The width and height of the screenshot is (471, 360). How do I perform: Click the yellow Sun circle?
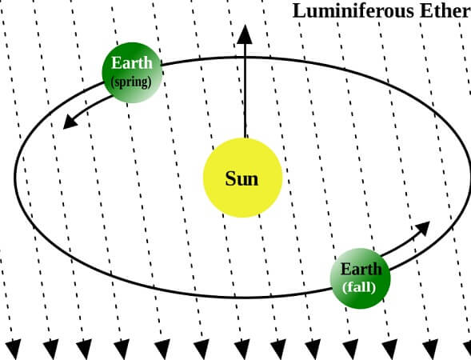[243, 178]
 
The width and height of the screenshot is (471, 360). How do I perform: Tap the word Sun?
[241, 178]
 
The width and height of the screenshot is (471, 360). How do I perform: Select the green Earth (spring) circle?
[132, 73]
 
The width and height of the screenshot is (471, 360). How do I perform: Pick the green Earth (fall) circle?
[360, 278]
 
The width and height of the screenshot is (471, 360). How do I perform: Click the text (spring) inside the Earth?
[131, 82]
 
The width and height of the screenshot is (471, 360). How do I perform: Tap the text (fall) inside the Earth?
[359, 287]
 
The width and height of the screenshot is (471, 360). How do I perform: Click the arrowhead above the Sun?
[245, 34]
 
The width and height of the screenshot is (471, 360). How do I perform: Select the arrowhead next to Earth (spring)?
[70, 122]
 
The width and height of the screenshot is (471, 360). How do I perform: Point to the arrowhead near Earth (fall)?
[422, 228]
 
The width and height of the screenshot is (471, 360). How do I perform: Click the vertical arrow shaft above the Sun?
[245, 91]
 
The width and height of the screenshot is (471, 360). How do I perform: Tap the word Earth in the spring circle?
[132, 63]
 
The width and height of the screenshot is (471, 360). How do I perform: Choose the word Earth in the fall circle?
[361, 269]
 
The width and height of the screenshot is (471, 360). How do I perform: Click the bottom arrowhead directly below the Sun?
[241, 350]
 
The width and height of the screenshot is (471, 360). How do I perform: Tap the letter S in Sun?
[230, 178]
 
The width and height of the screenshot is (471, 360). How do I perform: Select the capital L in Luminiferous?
[298, 11]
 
